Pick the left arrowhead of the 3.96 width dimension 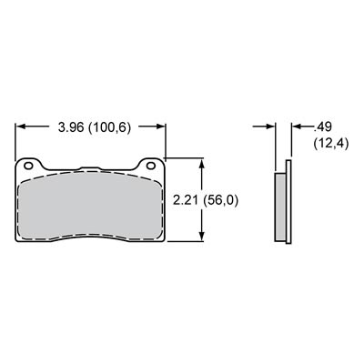pos(20,126)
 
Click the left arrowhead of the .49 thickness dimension pos(275,126)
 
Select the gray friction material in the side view pos(280,206)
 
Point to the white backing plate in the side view pos(288,206)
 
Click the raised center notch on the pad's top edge pos(89,168)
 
